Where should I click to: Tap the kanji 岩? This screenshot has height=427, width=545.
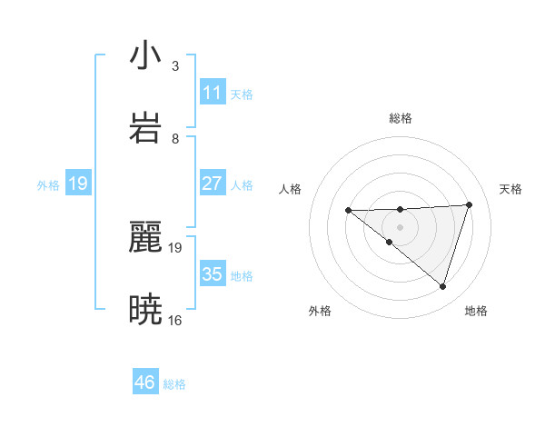145,127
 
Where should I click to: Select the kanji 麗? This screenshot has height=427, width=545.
145,237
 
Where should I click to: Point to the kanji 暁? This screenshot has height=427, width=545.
145,310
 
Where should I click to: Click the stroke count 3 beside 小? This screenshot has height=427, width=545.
174,65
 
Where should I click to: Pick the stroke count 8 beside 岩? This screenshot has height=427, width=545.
174,138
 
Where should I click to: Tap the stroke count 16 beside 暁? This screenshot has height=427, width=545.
174,320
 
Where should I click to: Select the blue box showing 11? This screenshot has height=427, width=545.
213,93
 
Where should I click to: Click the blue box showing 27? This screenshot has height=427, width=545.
213,184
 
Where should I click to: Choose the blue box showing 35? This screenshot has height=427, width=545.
213,274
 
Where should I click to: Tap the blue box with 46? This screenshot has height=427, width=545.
145,382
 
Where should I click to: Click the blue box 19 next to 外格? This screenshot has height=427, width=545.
78,184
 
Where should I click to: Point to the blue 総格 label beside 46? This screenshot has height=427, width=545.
174,384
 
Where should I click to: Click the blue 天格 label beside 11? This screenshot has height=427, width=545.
242,94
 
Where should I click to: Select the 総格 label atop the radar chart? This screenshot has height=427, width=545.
401,118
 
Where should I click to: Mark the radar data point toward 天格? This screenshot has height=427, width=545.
469,204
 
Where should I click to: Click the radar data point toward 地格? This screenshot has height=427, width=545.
442,286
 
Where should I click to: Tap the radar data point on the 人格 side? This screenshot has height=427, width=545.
348,211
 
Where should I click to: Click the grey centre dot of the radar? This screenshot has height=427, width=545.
401,226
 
